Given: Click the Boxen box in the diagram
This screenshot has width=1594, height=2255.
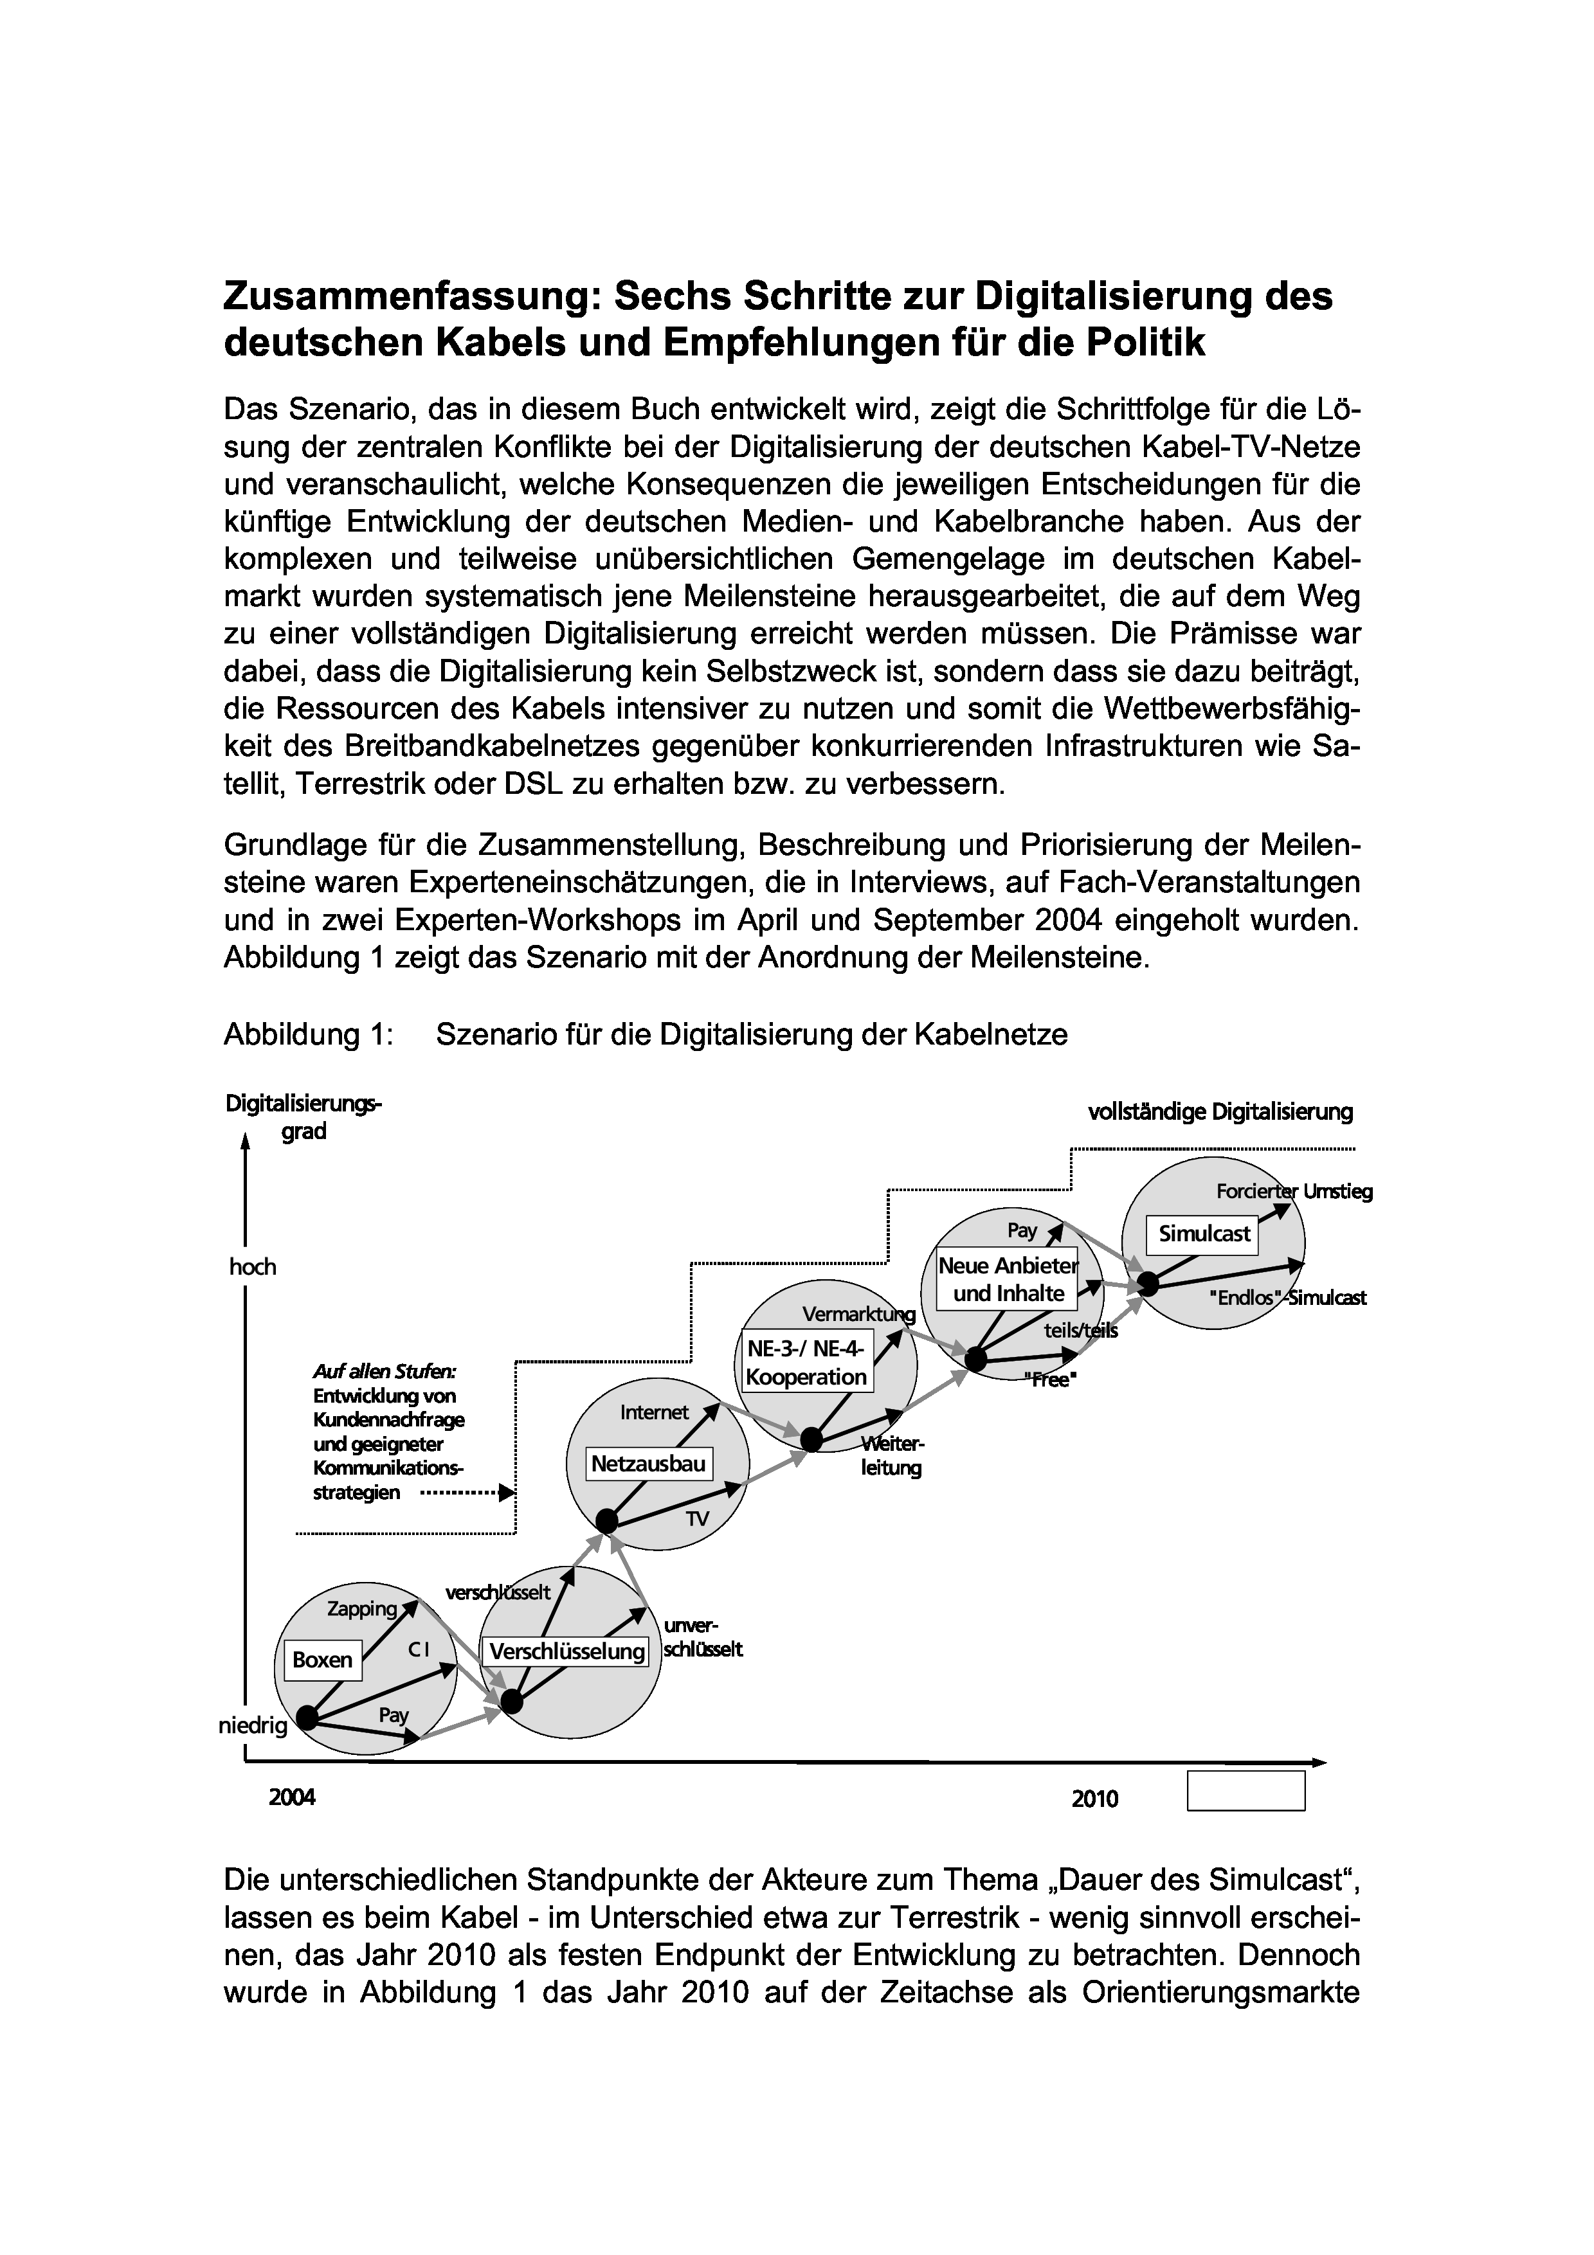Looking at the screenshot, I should click(322, 1660).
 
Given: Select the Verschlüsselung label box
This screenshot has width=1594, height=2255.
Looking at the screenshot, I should click(566, 1652).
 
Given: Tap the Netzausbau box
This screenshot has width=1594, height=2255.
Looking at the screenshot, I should click(648, 1464).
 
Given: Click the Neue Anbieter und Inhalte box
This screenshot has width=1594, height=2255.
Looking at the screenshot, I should click(1008, 1280).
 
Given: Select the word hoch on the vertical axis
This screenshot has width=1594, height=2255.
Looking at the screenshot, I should click(253, 1267).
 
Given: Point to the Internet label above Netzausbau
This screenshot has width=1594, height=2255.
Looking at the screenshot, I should click(654, 1412).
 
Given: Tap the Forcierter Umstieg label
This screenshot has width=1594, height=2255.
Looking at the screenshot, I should click(1294, 1192).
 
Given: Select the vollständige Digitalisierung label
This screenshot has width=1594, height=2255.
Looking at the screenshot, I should click(1220, 1112).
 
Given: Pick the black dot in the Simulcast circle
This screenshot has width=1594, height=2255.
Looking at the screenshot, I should click(1148, 1282).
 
